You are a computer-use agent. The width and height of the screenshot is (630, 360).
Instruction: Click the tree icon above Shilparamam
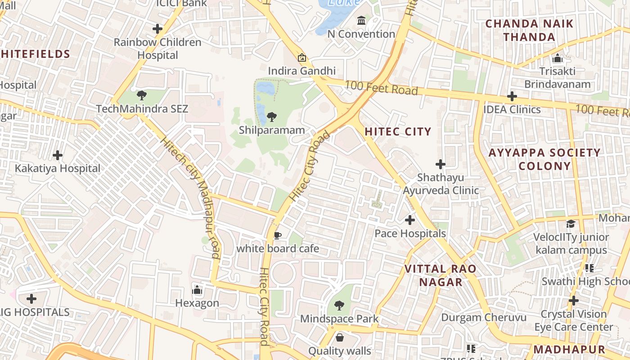(x=271, y=117)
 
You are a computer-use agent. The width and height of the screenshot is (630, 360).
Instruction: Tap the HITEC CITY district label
(x=398, y=131)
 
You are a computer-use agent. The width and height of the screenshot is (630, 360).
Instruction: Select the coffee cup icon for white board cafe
(x=278, y=235)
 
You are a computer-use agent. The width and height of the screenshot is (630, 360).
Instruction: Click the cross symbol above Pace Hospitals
(x=410, y=220)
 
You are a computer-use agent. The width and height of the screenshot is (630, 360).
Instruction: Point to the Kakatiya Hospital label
(x=58, y=169)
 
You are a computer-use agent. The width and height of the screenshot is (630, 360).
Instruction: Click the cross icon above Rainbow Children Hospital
(x=157, y=29)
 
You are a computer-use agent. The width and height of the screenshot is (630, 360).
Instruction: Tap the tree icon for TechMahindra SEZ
(x=142, y=95)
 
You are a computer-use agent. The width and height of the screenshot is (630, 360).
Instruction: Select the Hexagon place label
(x=197, y=303)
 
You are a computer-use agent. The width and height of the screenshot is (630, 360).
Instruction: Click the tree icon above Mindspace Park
(x=339, y=306)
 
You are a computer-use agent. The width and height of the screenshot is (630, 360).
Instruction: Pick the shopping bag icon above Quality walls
(x=340, y=337)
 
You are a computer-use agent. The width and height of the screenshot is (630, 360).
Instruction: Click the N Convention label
(x=361, y=34)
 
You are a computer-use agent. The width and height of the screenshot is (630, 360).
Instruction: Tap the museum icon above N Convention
(x=361, y=21)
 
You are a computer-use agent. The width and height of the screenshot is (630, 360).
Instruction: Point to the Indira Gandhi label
(x=302, y=71)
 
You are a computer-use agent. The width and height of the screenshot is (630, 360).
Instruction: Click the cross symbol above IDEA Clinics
(x=512, y=96)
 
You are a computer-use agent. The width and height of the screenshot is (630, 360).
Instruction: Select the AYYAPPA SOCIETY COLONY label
(x=544, y=159)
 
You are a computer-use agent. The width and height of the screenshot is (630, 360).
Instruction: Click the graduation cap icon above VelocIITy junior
(x=571, y=224)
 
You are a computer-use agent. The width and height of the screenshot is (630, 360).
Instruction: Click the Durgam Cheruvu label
(x=484, y=317)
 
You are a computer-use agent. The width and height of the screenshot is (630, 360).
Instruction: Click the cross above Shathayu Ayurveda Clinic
(x=441, y=164)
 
